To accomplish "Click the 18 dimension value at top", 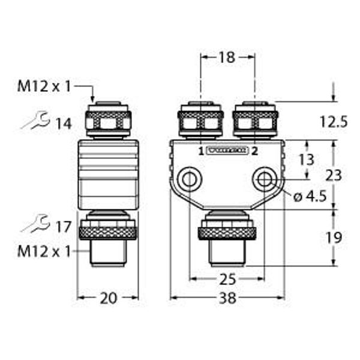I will click(227, 58).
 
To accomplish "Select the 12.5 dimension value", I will click(333, 122).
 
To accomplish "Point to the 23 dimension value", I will click(333, 175).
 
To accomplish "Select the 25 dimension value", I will click(227, 280).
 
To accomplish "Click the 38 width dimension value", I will click(227, 298).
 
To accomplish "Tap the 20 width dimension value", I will click(108, 298).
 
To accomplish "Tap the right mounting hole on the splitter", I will click(264, 178).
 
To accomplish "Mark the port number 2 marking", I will click(255, 151).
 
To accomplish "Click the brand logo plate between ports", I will click(227, 151).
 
